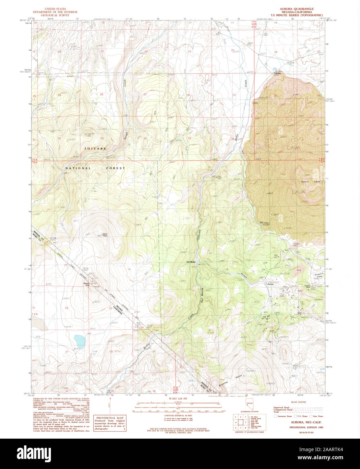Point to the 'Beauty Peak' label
87,284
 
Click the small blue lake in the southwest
80,338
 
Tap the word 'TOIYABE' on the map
95,148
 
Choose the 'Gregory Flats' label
319,275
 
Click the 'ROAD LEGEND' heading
298,402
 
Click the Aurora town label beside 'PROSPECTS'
270,284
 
